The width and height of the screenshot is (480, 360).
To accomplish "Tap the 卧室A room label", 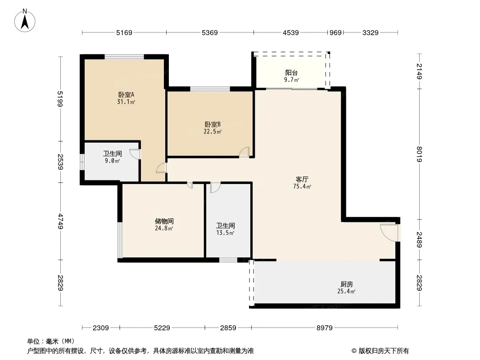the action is point(126,95).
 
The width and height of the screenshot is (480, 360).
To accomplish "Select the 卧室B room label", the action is point(213,125).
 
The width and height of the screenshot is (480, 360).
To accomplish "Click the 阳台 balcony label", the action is point(291,73).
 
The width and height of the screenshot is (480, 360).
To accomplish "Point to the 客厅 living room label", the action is point(302,179).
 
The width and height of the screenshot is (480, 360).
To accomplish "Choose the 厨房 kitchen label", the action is point(346,284).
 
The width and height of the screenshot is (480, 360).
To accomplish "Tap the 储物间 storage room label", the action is point(164,221).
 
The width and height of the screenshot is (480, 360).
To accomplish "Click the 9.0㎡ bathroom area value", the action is point(113,161).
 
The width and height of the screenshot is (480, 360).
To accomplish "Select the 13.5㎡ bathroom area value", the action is point(225,233).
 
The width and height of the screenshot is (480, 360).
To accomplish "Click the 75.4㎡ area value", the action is point(302,186).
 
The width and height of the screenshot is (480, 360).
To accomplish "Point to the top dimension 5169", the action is point(124,32).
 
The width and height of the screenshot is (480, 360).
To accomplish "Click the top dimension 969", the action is point(335,32).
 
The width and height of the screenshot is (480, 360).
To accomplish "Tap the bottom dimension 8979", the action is point(325,328).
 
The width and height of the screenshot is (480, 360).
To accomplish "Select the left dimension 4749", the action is point(61,221).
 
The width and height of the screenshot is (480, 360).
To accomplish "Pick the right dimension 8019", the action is point(419,154).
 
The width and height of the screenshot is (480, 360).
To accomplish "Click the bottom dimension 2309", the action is point(101,328).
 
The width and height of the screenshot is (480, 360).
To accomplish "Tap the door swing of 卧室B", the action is point(245,152).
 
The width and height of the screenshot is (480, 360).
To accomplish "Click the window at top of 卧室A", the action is point(124,57).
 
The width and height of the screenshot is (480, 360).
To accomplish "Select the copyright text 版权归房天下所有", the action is point(383,351).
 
